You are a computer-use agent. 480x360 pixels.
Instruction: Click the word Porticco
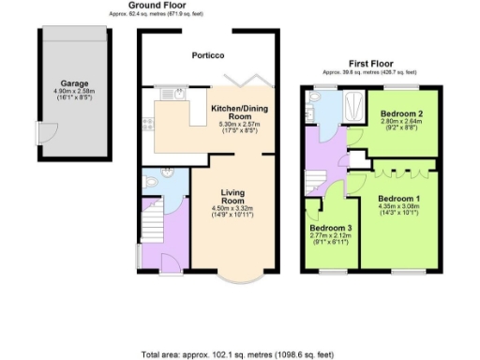point(208,55)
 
